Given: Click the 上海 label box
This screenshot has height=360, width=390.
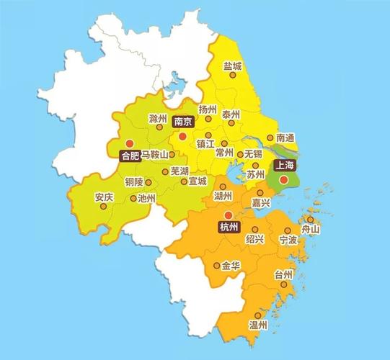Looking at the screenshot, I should coord(283,165).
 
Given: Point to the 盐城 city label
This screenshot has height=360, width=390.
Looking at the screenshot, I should coord(233,66).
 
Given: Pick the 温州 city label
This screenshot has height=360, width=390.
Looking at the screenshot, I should coord(258,325).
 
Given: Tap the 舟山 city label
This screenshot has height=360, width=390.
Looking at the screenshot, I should coord(311,229).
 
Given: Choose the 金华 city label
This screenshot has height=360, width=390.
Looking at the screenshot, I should coord(231,266).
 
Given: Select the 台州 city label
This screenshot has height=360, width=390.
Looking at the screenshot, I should coord(283,274).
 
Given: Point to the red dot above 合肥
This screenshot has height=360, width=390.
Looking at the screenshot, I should coord(130,143).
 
